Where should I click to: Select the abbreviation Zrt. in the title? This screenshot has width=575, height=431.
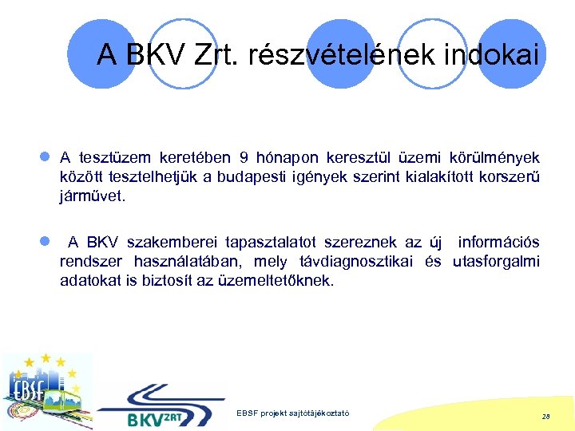213,55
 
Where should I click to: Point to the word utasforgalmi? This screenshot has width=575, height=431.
496,261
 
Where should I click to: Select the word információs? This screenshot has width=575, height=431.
499,242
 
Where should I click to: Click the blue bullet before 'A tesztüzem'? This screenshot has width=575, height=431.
49,157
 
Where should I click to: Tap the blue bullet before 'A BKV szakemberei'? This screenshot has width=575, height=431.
49,242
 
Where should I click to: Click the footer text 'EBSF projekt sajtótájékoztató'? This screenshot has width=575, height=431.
293,413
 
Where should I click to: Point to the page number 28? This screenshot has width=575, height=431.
545,417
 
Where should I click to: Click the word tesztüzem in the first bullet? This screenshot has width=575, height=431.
114,157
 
